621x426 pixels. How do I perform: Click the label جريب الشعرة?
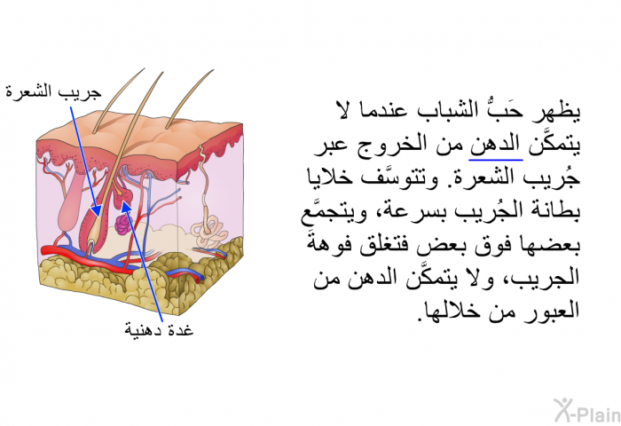coord(53,92)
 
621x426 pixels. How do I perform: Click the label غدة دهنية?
coord(159,329)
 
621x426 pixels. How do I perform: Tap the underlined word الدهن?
coord(496,145)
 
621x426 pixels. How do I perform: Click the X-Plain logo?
coord(587,411)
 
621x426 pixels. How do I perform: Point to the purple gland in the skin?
coord(122,224)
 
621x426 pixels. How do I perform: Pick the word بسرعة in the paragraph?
coord(400,211)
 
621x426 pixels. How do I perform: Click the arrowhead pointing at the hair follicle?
coord(96,210)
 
